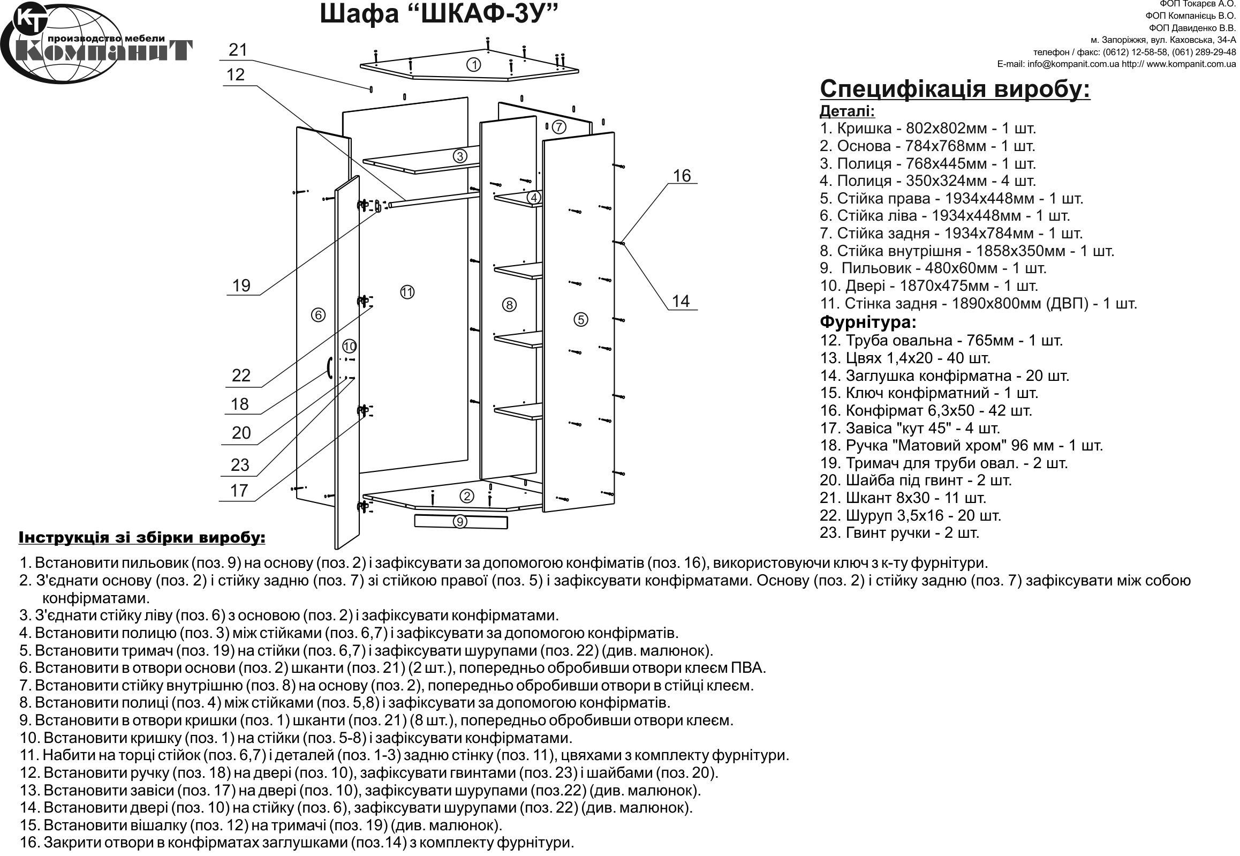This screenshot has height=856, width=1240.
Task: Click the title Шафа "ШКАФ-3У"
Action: tap(438, 14)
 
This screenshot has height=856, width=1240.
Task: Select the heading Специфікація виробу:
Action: tap(955, 89)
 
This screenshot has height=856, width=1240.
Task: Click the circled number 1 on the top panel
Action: tap(473, 65)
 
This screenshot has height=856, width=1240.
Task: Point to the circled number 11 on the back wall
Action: tap(407, 292)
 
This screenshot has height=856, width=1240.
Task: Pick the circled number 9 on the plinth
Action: tap(460, 521)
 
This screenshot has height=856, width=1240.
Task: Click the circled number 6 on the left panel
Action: tap(318, 315)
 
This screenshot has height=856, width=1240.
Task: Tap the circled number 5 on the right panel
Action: tap(580, 320)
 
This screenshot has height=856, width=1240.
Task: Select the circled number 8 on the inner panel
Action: tap(509, 305)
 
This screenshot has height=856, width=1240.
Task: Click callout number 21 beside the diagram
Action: tap(238, 50)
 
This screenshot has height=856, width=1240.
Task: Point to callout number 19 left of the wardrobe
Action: tap(241, 286)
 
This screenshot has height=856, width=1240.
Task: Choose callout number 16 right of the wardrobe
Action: tap(682, 175)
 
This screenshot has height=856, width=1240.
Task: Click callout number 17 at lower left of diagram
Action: tap(239, 490)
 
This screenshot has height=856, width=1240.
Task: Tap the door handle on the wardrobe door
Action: tap(329, 367)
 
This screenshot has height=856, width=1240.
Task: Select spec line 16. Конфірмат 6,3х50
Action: tap(925, 410)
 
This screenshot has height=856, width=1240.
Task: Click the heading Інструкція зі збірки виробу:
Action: tap(142, 537)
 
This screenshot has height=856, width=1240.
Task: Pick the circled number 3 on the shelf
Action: tap(459, 156)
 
